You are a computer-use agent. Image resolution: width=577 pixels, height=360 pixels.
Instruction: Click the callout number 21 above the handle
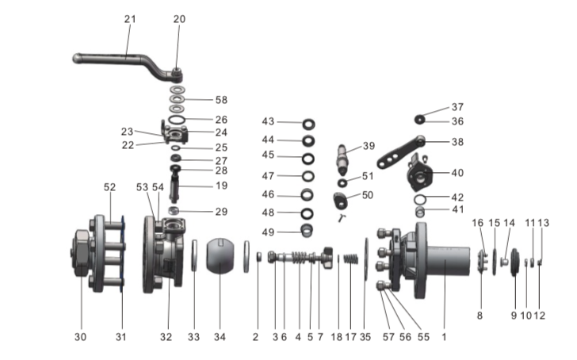[130, 17]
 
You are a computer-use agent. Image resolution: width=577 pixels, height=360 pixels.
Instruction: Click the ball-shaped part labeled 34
[220, 257]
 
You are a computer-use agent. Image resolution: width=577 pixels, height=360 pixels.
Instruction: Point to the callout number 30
[79, 337]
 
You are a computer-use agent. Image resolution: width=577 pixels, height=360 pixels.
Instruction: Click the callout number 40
[457, 172]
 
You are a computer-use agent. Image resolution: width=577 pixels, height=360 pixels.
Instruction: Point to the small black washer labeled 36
[419, 120]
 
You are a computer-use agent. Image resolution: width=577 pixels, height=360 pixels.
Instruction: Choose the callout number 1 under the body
[444, 337]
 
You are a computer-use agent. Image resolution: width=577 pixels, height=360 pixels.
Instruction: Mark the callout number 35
[365, 337]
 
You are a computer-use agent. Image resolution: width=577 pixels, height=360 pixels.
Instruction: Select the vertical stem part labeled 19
[176, 190]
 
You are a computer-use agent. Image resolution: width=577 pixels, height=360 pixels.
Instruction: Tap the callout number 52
[109, 187]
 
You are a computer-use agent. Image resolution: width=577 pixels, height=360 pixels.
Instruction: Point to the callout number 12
[540, 316]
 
